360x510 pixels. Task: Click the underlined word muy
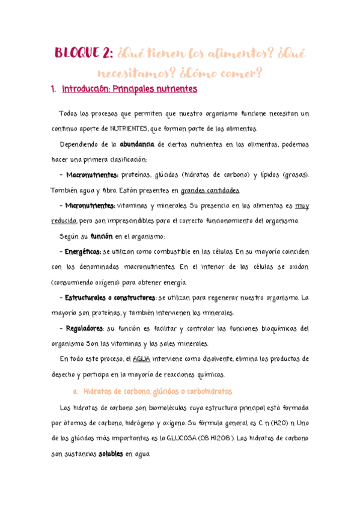303,206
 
